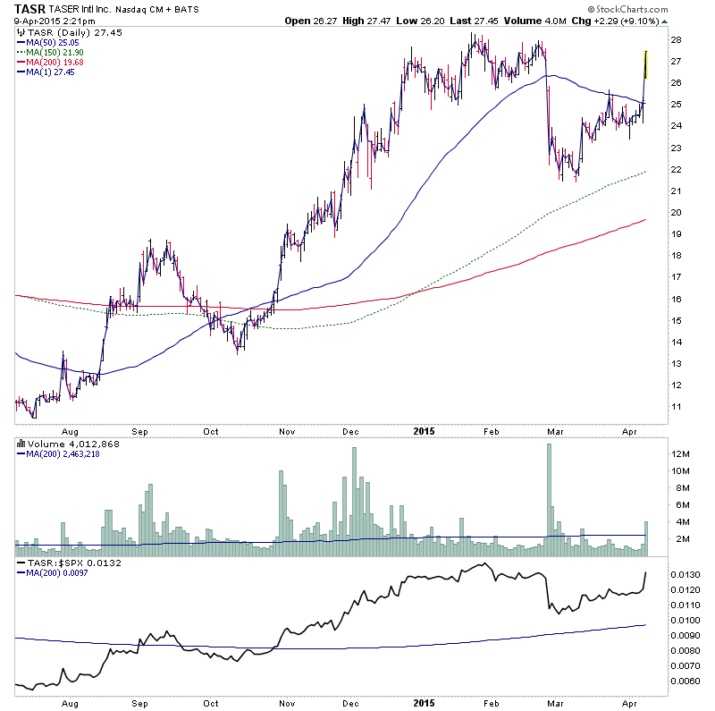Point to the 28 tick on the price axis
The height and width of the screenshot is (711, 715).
pyautogui.click(x=677, y=40)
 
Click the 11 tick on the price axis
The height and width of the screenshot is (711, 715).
pyautogui.click(x=677, y=407)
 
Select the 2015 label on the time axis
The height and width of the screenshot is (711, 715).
pyautogui.click(x=424, y=430)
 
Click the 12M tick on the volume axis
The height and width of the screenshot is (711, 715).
pyautogui.click(x=681, y=454)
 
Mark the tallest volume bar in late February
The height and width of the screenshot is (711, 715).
pyautogui.click(x=549, y=492)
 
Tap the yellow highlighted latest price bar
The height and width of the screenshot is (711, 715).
pyautogui.click(x=645, y=65)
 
